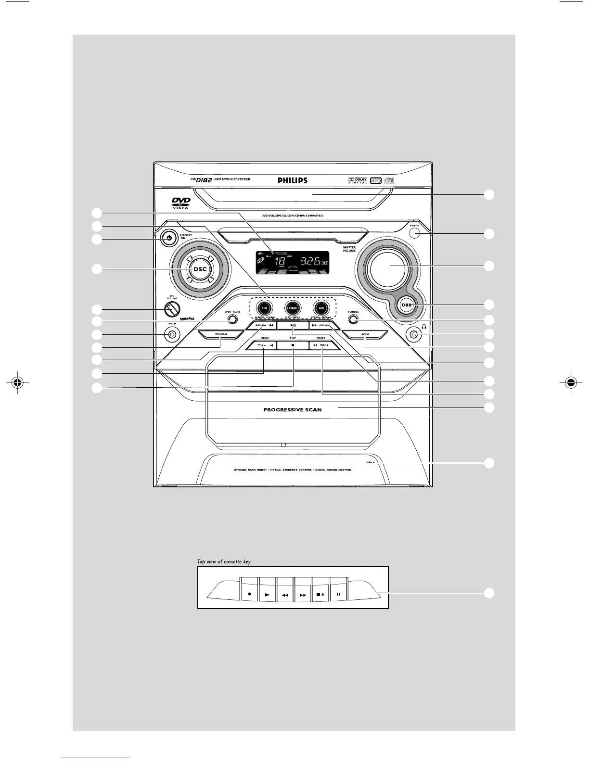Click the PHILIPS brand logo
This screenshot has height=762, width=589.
[x=292, y=181]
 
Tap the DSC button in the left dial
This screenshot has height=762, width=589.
[x=200, y=269]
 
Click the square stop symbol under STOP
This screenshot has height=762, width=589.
[x=293, y=345]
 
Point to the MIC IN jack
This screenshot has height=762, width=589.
[x=169, y=334]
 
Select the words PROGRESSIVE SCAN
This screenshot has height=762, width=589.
[x=292, y=410]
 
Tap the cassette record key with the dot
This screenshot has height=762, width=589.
[x=249, y=594]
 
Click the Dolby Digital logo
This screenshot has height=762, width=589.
[x=358, y=180]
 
